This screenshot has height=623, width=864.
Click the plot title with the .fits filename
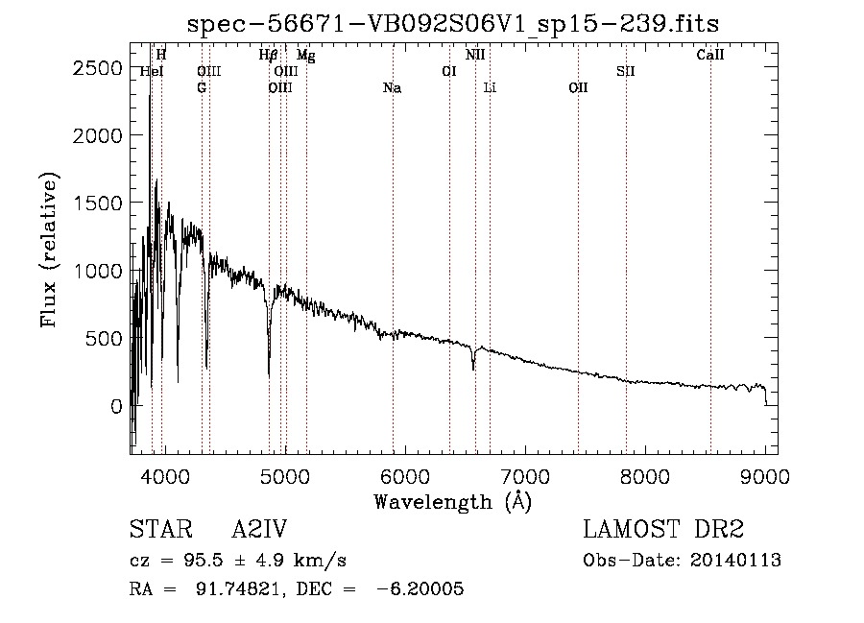coord(453,24)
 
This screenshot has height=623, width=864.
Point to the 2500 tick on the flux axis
coord(97,68)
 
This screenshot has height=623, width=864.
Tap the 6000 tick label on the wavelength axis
coord(405,476)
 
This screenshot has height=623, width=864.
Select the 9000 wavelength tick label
coord(765,476)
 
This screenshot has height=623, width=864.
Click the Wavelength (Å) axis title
coord(453,501)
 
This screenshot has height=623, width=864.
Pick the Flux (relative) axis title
coord(49,251)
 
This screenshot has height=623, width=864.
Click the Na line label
coord(393,88)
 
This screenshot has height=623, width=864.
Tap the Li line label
coord(490,87)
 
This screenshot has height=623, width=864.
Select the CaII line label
coord(709,55)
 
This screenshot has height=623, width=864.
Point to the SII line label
coord(625,72)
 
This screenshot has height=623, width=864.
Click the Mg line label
coord(306,56)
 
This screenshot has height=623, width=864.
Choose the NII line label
coord(475,55)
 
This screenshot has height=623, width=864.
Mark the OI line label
coord(449,72)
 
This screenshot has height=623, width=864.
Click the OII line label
coord(578,87)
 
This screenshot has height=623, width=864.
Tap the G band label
coord(202,87)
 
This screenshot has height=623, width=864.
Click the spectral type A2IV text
coord(259,529)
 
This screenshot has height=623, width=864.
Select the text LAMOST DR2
coord(663,529)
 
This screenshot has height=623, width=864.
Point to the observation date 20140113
coord(735,561)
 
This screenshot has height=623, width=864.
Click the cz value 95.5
coord(204,561)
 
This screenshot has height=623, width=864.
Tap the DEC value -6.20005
coord(420,588)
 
